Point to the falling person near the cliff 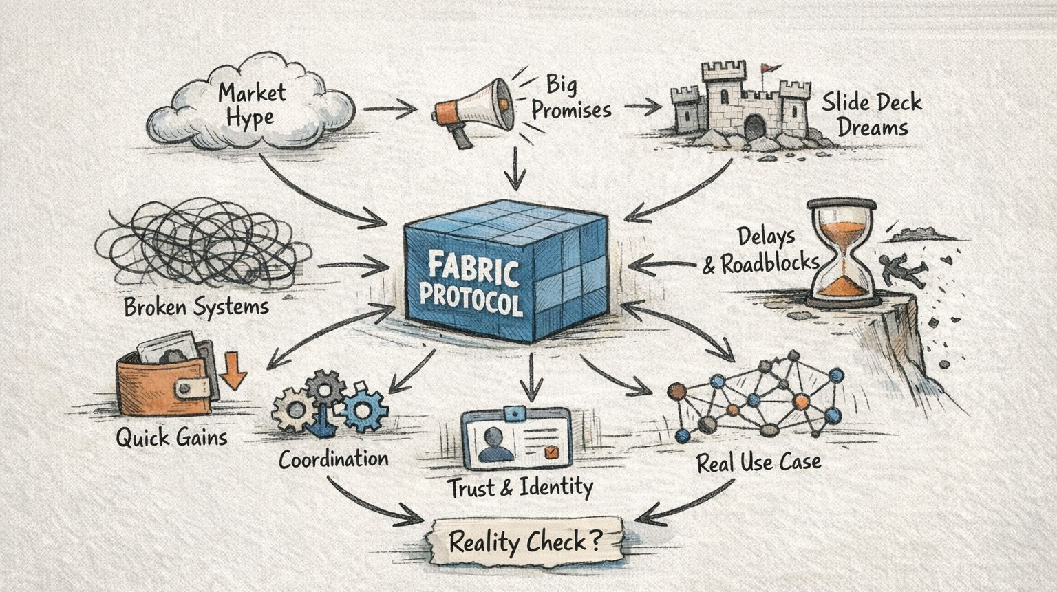pos(899,270)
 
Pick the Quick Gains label pos(171,437)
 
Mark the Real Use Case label pos(758,462)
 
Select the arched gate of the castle pos(754,127)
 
